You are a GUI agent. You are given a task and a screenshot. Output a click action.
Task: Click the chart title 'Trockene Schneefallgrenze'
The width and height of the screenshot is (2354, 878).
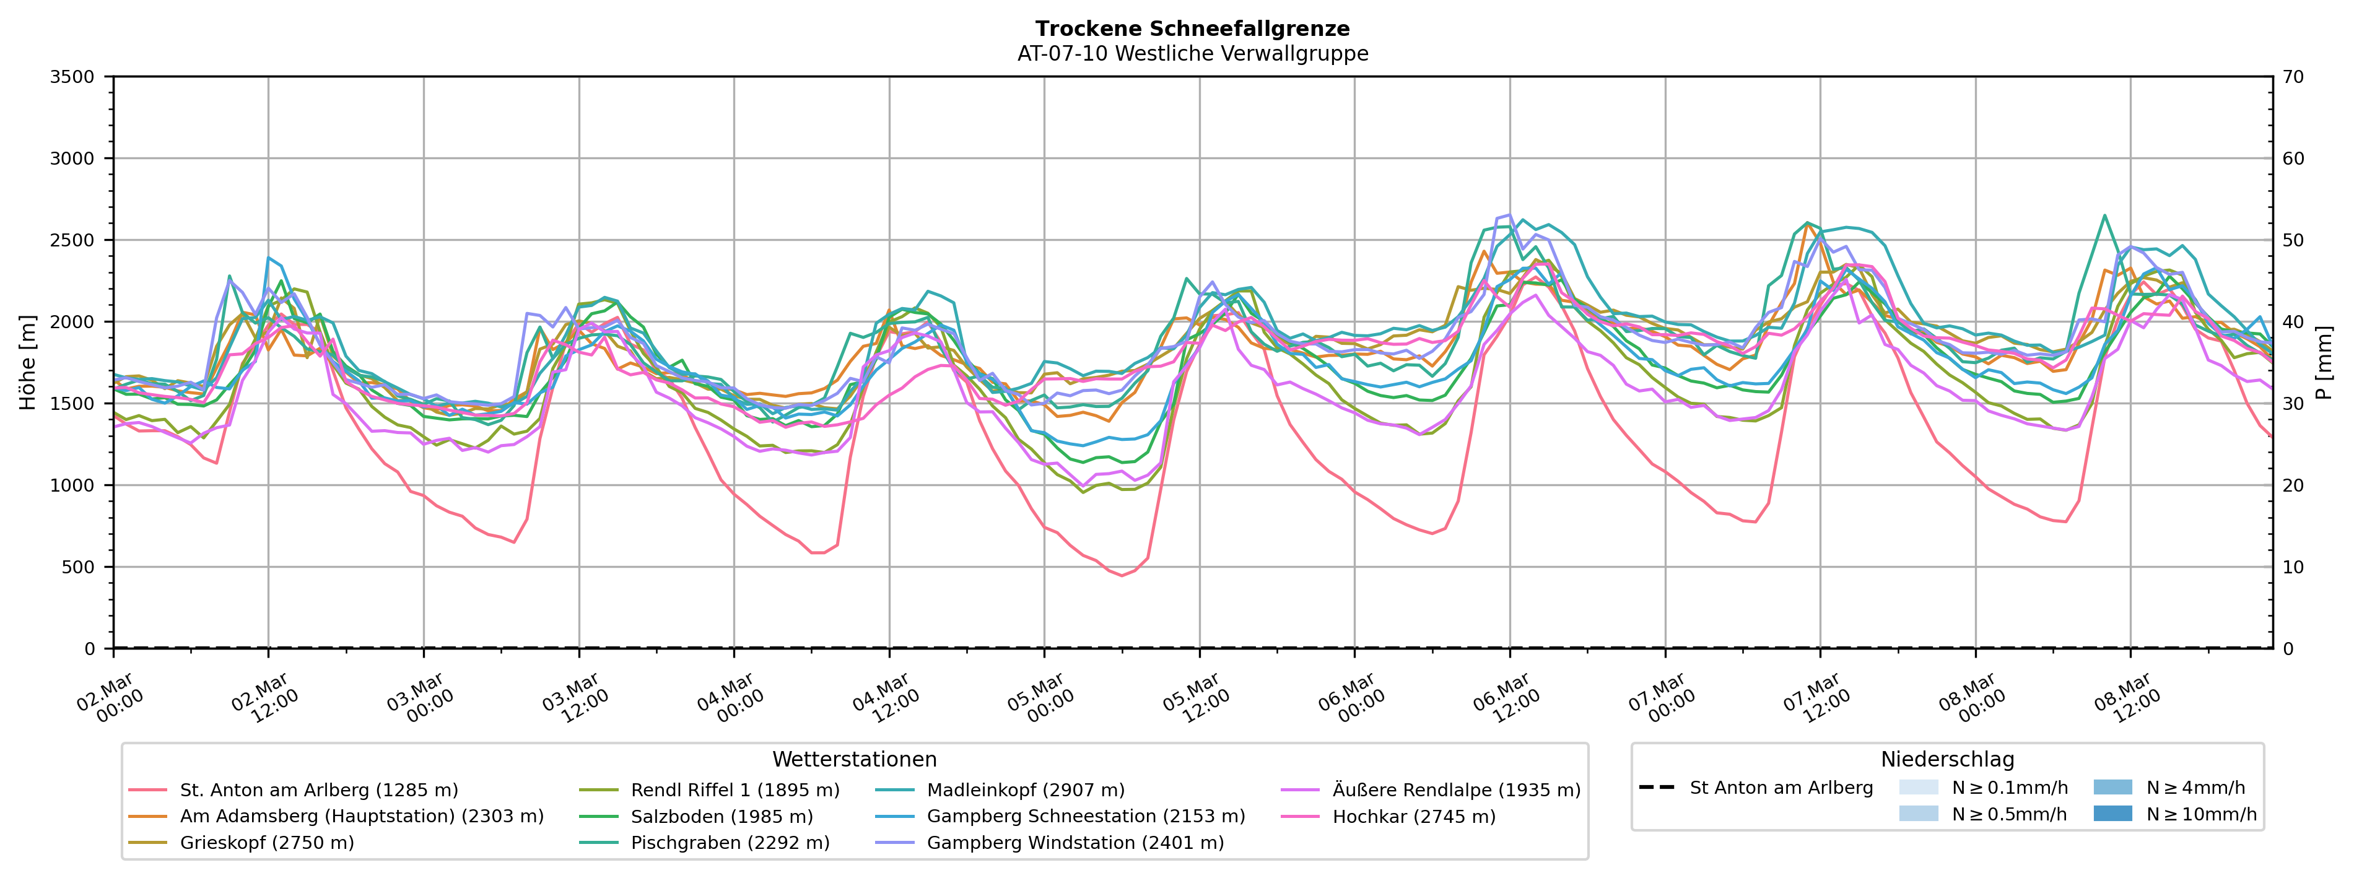tap(1193, 29)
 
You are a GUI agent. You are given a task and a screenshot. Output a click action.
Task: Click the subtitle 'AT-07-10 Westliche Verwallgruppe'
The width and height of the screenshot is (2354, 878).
tap(1193, 54)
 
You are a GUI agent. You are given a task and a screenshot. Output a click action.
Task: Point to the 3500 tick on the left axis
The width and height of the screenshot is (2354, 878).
tap(72, 77)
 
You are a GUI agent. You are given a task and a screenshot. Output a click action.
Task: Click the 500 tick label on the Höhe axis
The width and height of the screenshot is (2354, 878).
tap(77, 567)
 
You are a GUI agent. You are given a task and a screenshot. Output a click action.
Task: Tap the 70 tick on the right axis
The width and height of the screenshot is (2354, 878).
tap(2294, 77)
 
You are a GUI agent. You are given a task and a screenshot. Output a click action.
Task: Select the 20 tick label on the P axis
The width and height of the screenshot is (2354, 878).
tap(2294, 486)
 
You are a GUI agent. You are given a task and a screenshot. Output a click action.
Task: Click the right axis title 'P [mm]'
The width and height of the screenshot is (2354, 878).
tap(2326, 363)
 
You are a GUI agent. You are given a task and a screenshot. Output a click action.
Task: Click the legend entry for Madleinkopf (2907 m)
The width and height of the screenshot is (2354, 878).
tap(1026, 790)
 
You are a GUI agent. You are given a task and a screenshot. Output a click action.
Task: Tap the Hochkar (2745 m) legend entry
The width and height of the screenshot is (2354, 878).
tap(1414, 817)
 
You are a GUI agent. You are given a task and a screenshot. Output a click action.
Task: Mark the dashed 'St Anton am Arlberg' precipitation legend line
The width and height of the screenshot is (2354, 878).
tap(1657, 788)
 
